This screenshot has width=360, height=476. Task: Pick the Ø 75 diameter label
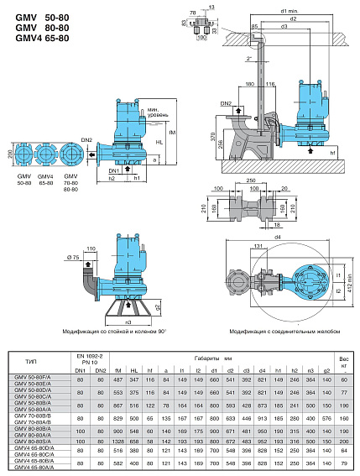tap(71, 257)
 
